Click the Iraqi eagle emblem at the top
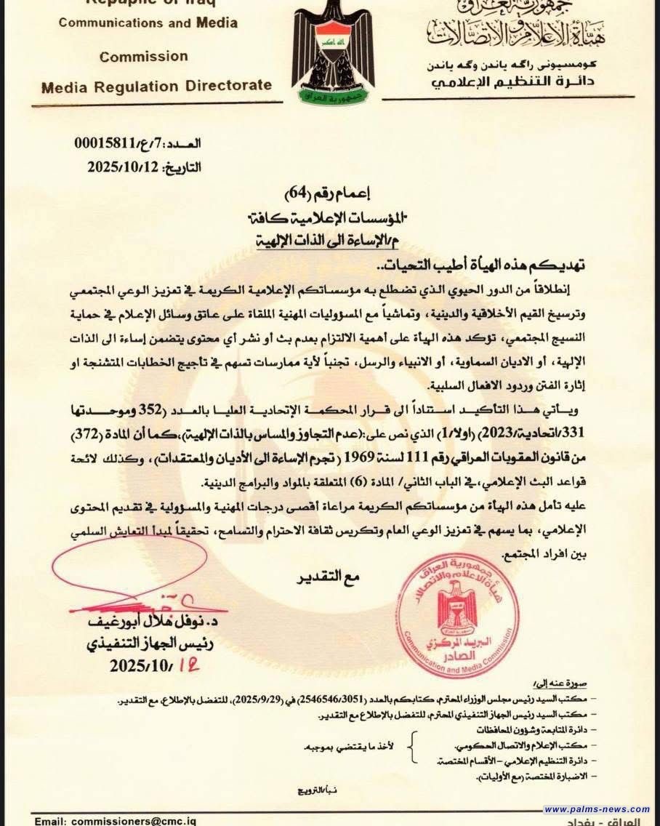click(x=329, y=55)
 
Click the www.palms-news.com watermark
click(x=597, y=809)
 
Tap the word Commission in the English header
click(x=144, y=56)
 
